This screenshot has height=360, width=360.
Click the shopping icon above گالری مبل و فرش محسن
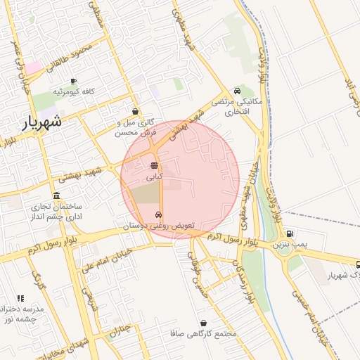135,111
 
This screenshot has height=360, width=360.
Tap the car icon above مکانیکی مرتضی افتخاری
238,91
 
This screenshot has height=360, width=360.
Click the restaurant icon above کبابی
154,166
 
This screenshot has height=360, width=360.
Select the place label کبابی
154,177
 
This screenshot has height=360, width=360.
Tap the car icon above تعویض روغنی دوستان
158,215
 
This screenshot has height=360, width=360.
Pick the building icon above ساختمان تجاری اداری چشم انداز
56,195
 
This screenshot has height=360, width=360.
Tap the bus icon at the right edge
356,265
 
